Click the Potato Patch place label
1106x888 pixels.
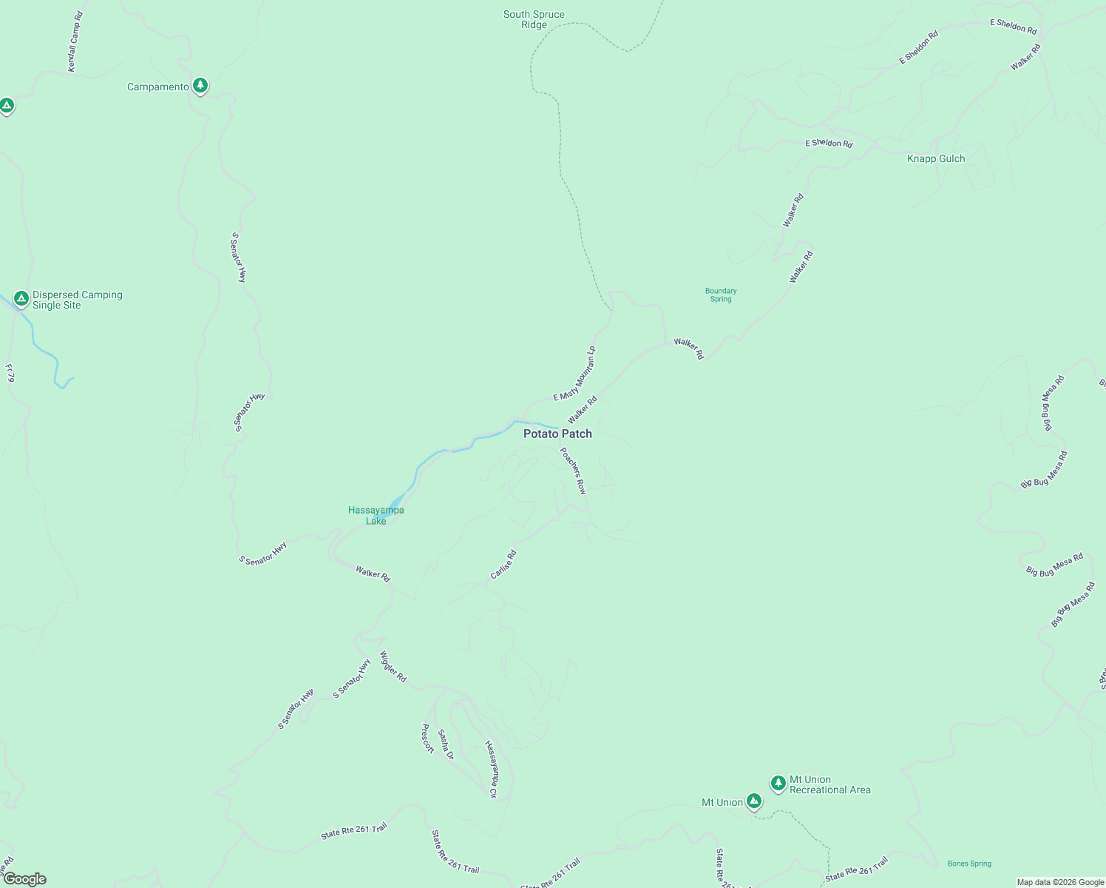point(557,434)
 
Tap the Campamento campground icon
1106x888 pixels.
point(200,86)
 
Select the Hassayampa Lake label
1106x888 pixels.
point(376,515)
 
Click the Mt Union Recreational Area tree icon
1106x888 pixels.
point(778,783)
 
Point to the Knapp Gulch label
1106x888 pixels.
point(936,158)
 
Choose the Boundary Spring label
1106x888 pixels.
point(721,295)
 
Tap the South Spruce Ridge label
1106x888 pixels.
point(534,19)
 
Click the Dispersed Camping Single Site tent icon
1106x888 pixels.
point(21,299)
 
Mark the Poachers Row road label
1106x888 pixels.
point(573,471)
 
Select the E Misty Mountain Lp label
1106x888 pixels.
point(574,374)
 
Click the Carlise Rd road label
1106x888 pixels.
point(503,564)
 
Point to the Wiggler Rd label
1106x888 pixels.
point(393,666)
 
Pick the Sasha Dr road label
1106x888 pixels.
point(445,744)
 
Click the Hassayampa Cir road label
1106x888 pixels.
point(491,769)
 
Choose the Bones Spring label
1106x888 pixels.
point(969,864)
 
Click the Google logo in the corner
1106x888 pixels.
point(24,879)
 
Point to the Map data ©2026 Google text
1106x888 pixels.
point(1060,882)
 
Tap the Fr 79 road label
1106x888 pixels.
point(10,373)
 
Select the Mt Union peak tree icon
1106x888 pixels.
point(753,801)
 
